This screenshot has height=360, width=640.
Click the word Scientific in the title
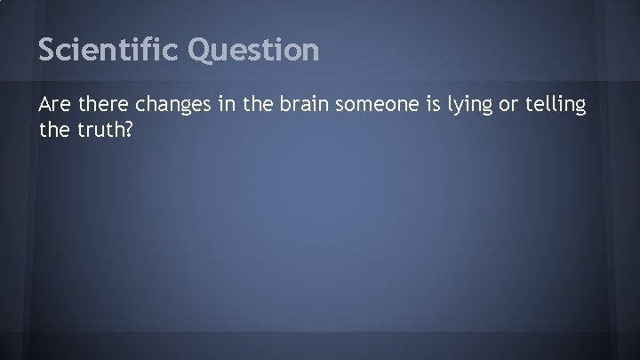click(x=110, y=50)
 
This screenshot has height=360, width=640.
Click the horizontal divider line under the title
click(x=320, y=82)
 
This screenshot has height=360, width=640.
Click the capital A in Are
click(x=45, y=106)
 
